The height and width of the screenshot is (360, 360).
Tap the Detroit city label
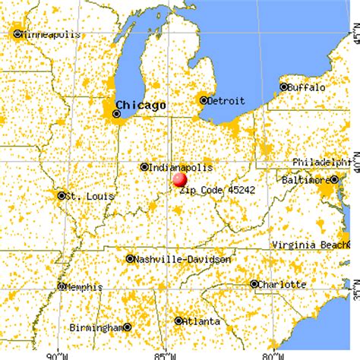[x=229, y=100]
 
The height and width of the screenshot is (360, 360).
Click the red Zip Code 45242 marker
[x=180, y=179]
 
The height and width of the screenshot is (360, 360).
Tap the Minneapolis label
[x=47, y=34]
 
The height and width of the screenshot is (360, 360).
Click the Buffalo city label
[x=308, y=87]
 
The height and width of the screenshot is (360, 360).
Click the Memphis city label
[x=86, y=287]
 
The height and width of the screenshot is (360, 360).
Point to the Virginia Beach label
[x=316, y=245]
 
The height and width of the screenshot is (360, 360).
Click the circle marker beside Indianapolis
[x=144, y=167]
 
